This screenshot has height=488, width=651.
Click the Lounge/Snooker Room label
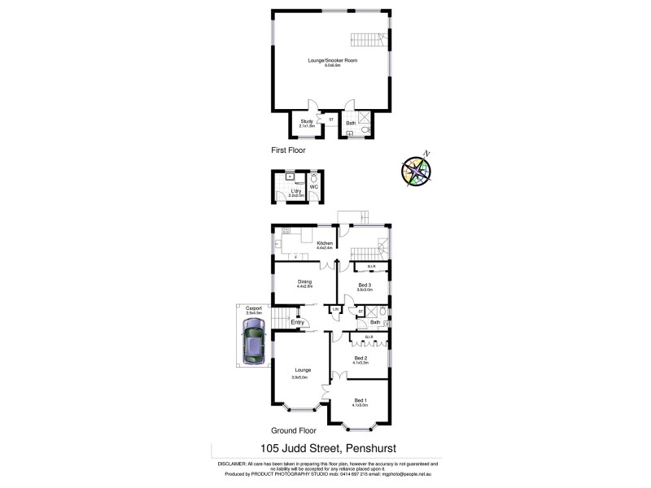pyautogui.click(x=332, y=60)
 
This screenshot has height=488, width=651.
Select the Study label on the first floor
pyautogui.click(x=307, y=122)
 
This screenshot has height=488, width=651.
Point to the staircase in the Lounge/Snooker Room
pyautogui.click(x=367, y=38)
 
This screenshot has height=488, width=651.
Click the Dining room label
pyautogui.click(x=305, y=282)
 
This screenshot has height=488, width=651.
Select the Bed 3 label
pyautogui.click(x=365, y=285)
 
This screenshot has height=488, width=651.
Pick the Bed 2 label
pyautogui.click(x=361, y=358)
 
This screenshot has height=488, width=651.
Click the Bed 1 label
pyautogui.click(x=360, y=400)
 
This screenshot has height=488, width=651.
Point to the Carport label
pyautogui.click(x=254, y=308)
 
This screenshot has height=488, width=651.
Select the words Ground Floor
pyautogui.click(x=296, y=430)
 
